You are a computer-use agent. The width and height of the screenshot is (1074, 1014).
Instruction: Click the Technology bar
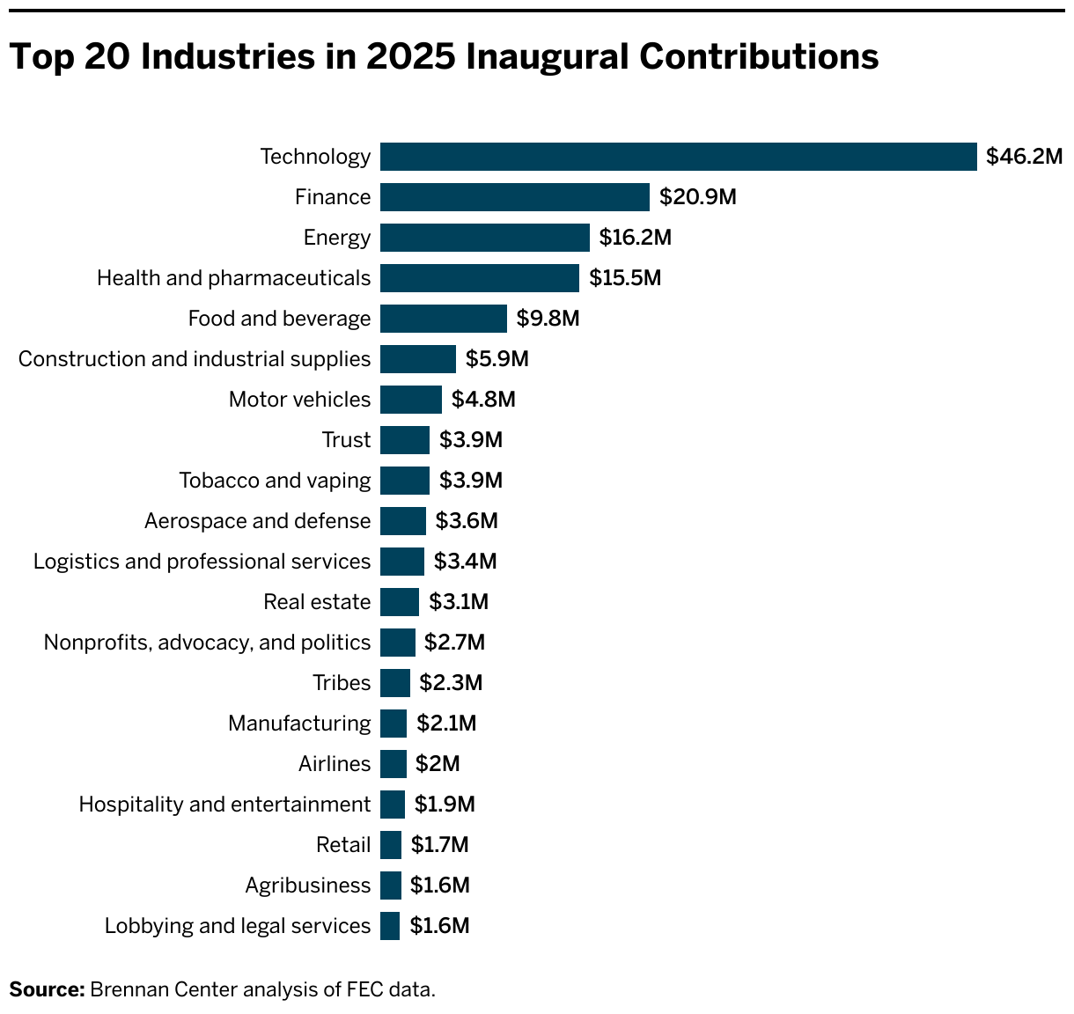click(678, 157)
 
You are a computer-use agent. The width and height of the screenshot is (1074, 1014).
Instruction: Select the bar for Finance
click(514, 197)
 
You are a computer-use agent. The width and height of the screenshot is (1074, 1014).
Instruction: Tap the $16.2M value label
click(635, 238)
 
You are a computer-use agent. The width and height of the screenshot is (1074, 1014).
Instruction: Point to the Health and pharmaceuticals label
click(233, 278)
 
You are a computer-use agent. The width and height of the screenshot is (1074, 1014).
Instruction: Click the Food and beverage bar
click(443, 319)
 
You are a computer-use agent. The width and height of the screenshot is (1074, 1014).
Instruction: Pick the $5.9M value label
click(497, 359)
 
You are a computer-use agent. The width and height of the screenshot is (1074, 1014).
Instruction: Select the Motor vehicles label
click(299, 400)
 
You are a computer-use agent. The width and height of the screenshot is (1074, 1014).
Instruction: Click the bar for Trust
click(404, 440)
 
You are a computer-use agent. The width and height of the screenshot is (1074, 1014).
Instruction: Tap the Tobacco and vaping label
click(275, 481)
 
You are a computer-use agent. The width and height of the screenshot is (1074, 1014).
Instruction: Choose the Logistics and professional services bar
click(401, 562)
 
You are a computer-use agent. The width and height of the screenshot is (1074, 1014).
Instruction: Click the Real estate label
click(317, 602)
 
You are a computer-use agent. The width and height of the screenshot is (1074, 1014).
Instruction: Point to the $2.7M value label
click(454, 643)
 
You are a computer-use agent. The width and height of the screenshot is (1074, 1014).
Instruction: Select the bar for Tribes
click(394, 683)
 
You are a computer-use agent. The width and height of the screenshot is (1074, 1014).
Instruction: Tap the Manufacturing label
click(299, 724)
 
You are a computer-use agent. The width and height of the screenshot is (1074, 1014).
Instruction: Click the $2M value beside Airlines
click(438, 764)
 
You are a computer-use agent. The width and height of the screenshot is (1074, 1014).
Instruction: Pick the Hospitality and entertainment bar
click(392, 805)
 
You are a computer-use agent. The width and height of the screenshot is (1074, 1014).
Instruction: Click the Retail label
click(343, 845)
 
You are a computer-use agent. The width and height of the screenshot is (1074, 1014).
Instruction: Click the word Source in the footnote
click(47, 989)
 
